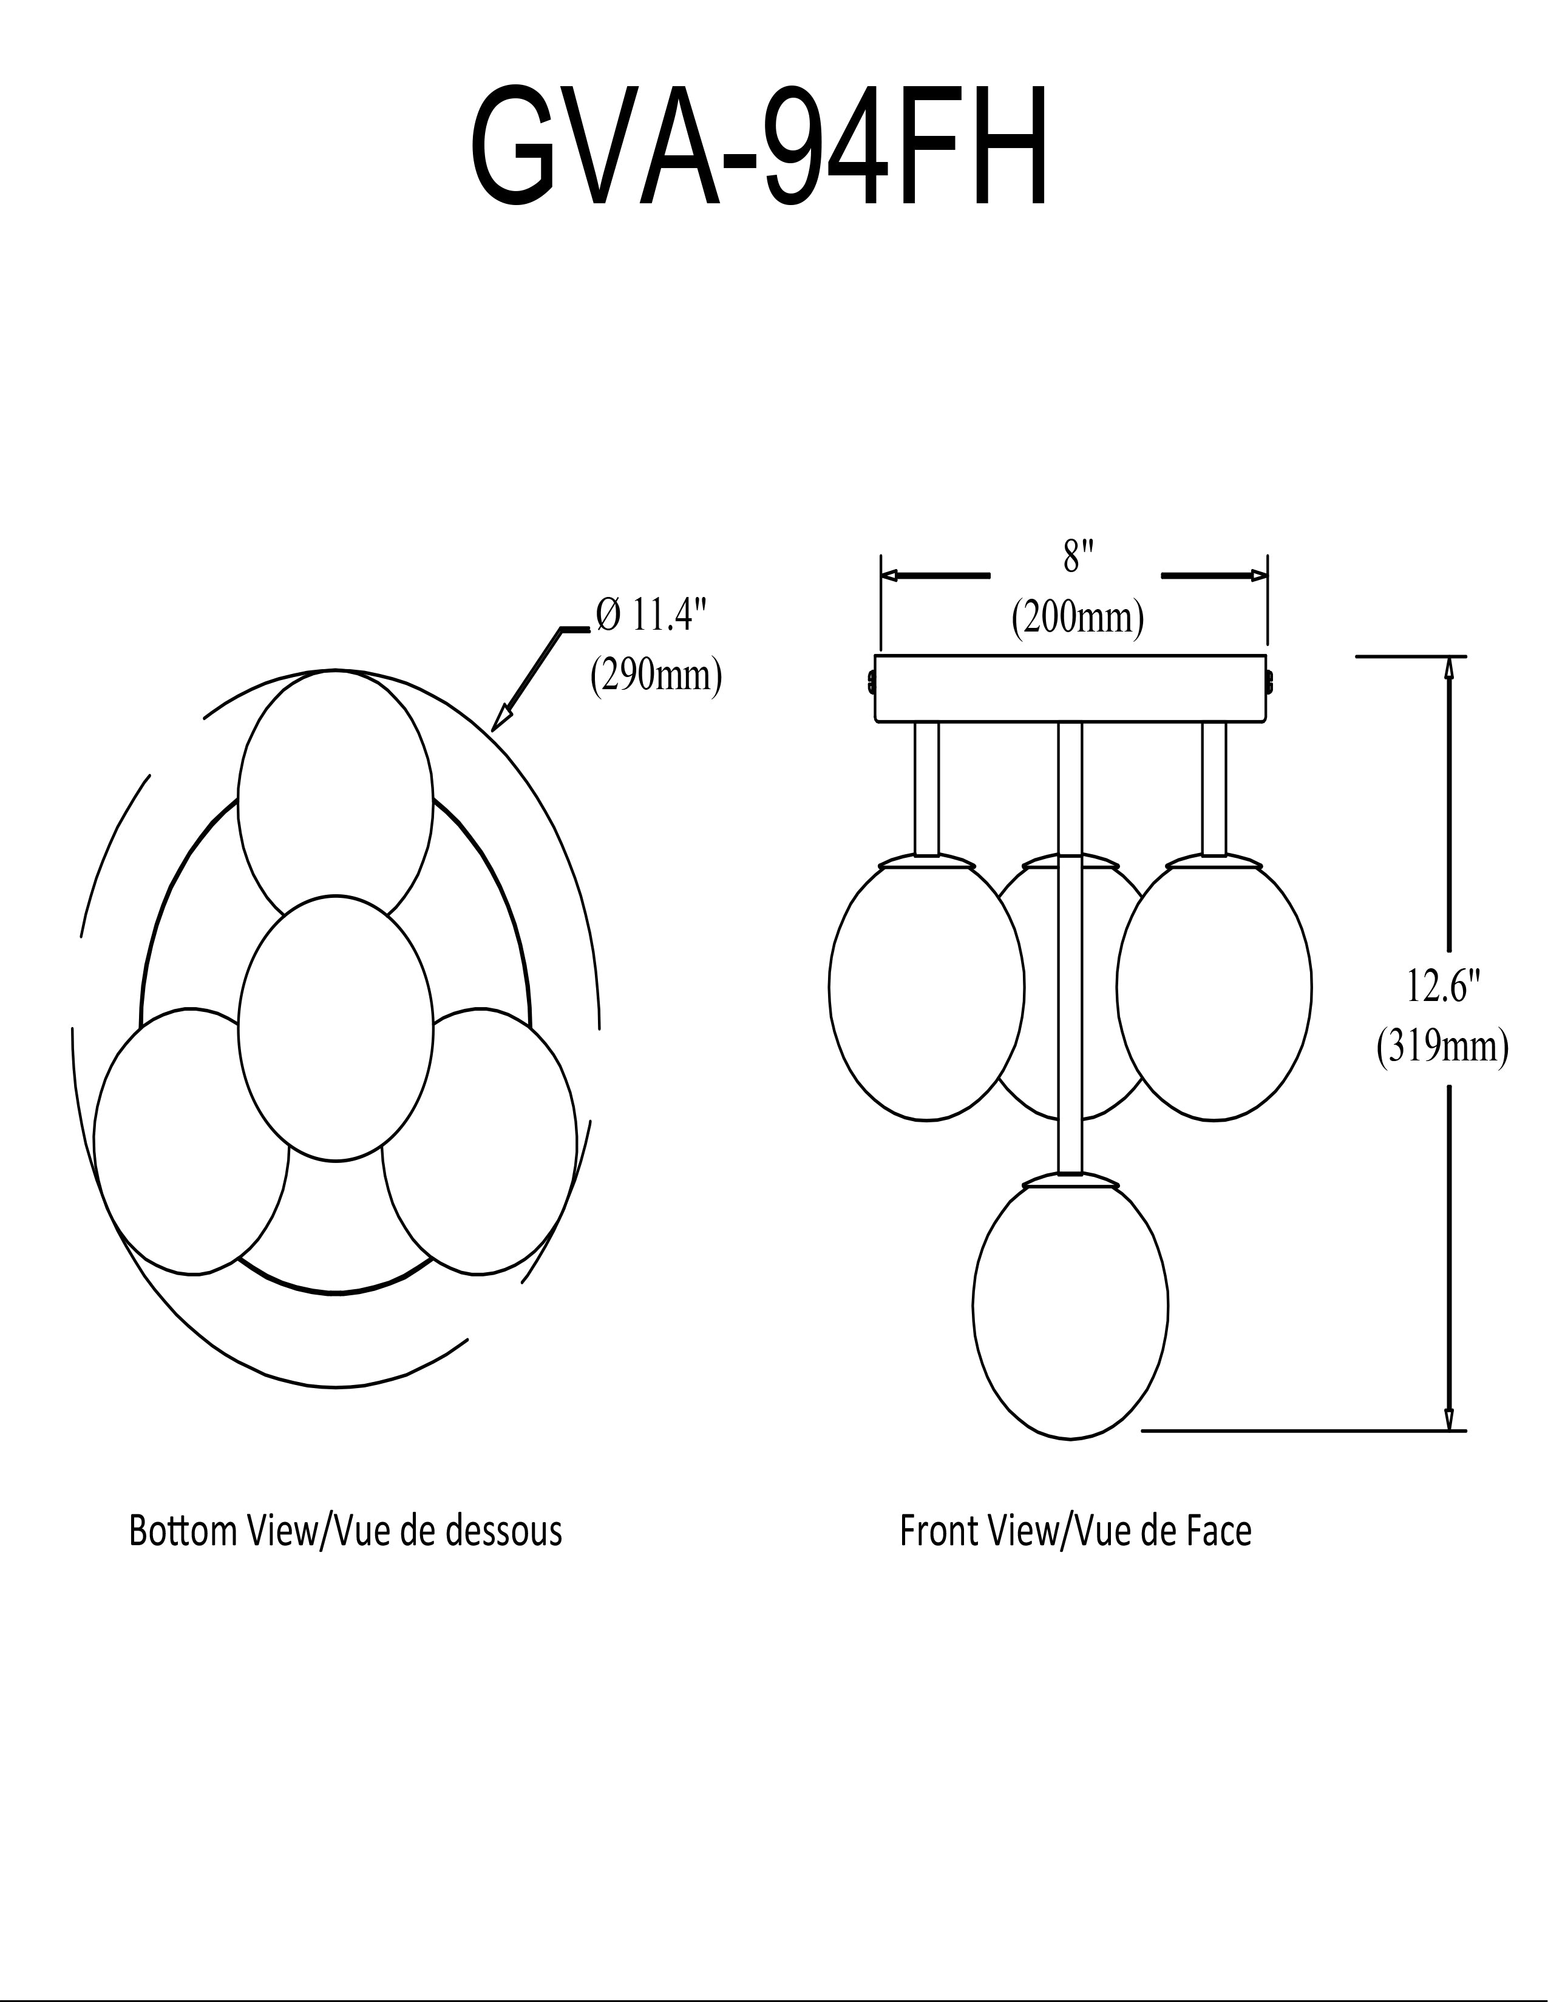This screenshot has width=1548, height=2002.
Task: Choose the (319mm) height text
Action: click(1442, 1048)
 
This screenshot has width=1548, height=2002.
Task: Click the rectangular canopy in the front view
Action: click(1070, 689)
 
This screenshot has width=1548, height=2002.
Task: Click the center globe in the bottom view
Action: click(336, 1028)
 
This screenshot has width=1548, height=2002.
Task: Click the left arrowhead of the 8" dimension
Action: click(889, 576)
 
